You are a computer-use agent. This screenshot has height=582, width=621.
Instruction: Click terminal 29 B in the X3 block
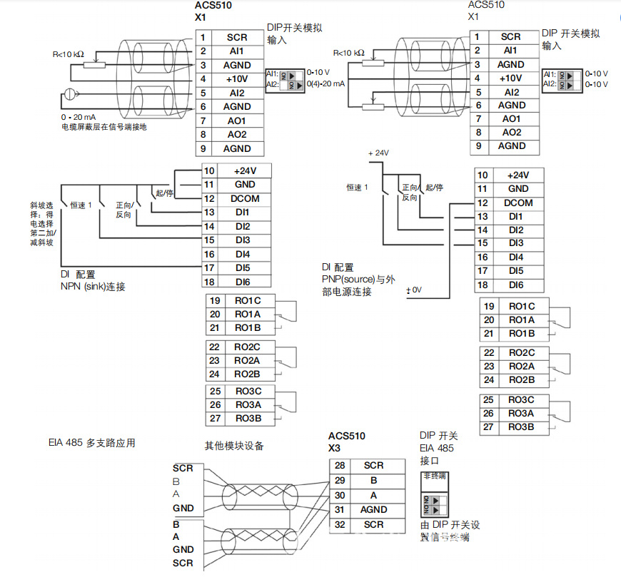pyautogui.click(x=373, y=481)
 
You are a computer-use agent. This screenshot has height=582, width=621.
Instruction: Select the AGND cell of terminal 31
pyautogui.click(x=373, y=510)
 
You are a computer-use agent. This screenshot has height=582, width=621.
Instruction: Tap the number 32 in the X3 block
pyautogui.click(x=340, y=525)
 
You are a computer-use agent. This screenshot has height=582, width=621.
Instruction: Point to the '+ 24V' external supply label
pyautogui.click(x=379, y=153)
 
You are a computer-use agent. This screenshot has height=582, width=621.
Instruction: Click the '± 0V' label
pyautogui.click(x=415, y=290)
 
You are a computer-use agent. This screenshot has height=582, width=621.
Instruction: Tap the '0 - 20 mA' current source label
pyautogui.click(x=79, y=117)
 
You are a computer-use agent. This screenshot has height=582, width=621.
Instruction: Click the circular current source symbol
pyautogui.click(x=69, y=93)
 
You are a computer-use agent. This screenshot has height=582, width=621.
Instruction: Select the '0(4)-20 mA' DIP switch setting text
pyautogui.click(x=325, y=84)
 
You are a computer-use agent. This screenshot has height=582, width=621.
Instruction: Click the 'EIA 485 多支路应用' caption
pyautogui.click(x=91, y=444)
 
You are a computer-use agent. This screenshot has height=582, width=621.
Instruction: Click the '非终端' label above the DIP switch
pyautogui.click(x=435, y=476)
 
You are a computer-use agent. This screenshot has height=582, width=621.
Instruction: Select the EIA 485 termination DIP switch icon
pyautogui.click(x=435, y=505)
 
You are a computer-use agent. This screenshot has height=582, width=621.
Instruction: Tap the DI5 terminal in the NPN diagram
pyautogui.click(x=242, y=268)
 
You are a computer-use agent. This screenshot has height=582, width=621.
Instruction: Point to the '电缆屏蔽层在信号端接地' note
pyautogui.click(x=104, y=128)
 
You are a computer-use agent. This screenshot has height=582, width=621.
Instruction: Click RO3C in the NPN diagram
pyautogui.click(x=248, y=391)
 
